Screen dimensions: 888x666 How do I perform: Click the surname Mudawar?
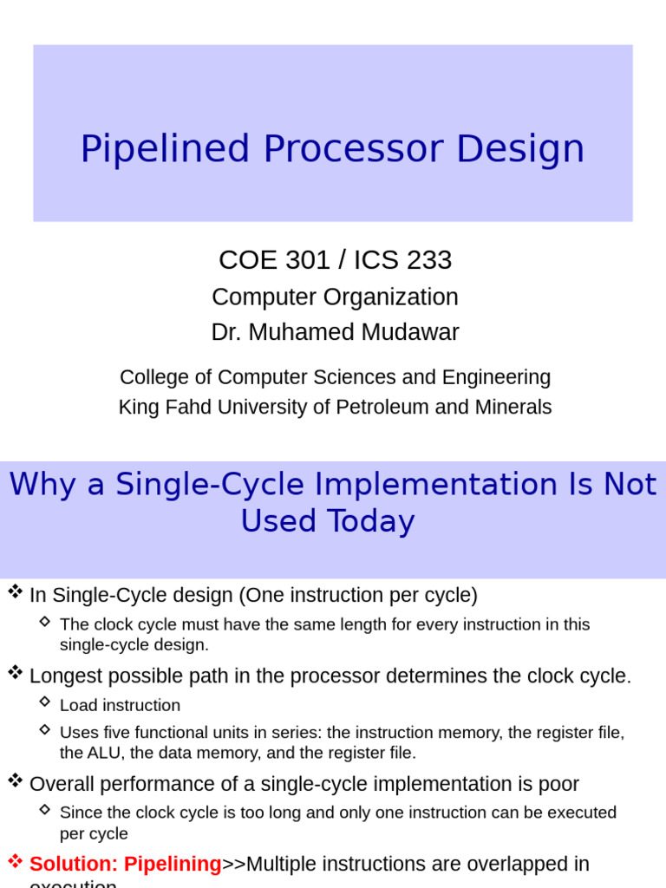pos(414,333)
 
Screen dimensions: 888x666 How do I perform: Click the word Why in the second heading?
pos(42,485)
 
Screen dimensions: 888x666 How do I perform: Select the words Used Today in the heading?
pos(328,522)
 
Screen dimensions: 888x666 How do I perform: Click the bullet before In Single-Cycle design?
pos(15,592)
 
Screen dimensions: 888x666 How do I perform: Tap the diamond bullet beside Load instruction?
pos(45,703)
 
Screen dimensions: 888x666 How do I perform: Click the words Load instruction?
pos(120,706)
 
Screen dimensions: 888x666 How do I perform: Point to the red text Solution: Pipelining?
pos(126,865)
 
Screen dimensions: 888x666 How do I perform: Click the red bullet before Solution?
pos(15,862)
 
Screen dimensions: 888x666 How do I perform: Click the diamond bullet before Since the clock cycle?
pos(45,810)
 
